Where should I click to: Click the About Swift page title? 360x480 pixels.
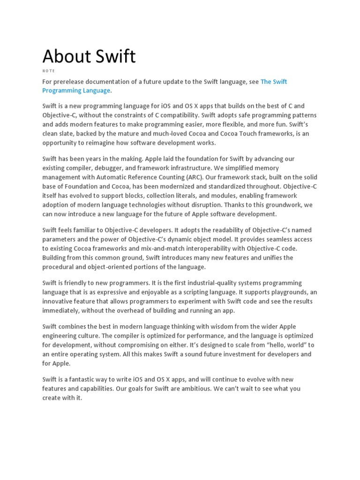click(x=89, y=56)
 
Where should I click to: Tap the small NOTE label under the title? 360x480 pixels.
click(x=49, y=71)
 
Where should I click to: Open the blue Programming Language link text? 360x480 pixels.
click(x=76, y=90)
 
